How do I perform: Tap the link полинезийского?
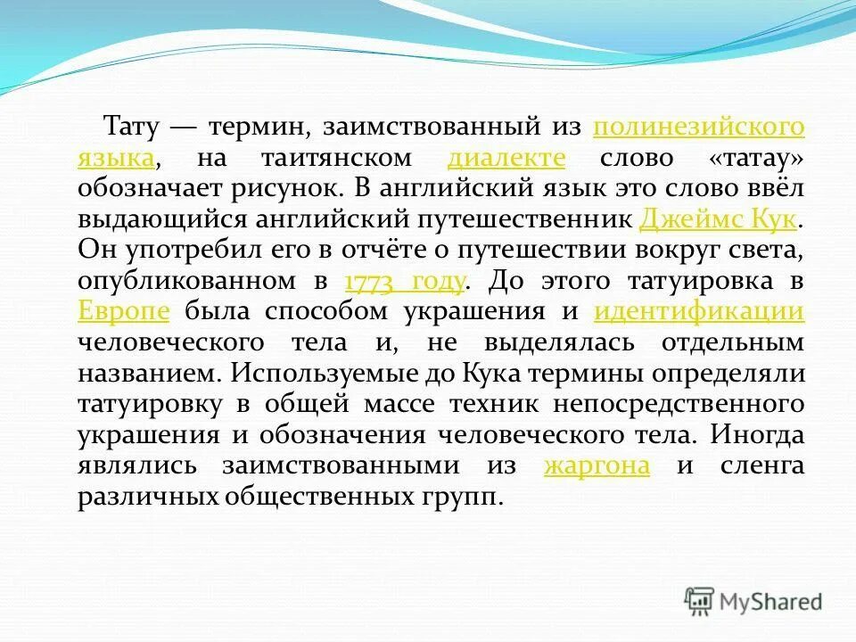pyautogui.click(x=698, y=127)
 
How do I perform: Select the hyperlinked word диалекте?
pyautogui.click(x=506, y=158)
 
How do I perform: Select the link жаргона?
pyautogui.click(x=596, y=465)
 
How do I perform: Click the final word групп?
pyautogui.click(x=456, y=497)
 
